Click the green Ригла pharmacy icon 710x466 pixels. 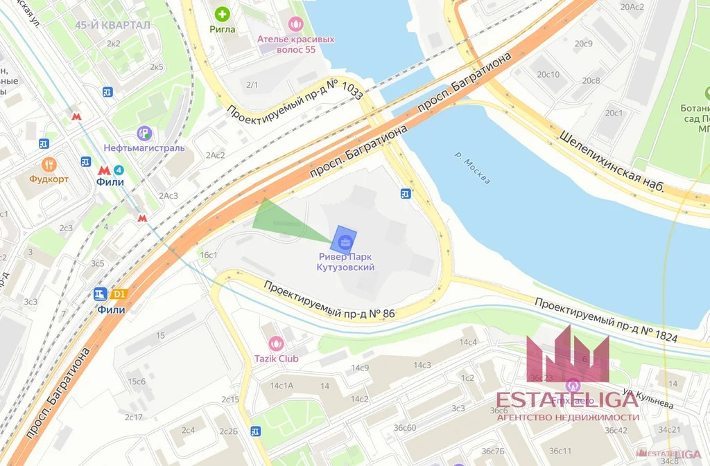pyautogui.click(x=222, y=13)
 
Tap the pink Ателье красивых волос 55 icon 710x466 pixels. pyautogui.click(x=295, y=24)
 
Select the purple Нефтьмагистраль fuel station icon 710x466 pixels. pyautogui.click(x=144, y=133)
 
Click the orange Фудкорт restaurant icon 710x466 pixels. pyautogui.click(x=49, y=164)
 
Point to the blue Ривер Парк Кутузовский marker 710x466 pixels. pyautogui.click(x=345, y=240)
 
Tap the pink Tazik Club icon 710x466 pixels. pyautogui.click(x=275, y=343)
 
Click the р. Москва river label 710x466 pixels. pyautogui.click(x=474, y=167)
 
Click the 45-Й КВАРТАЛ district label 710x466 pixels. pyautogui.click(x=112, y=25)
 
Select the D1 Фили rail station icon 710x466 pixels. pyautogui.click(x=119, y=294)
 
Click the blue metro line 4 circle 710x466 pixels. pyautogui.click(x=119, y=170)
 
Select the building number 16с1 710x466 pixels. pyautogui.click(x=209, y=255)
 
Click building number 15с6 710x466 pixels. pyautogui.click(x=136, y=382)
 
